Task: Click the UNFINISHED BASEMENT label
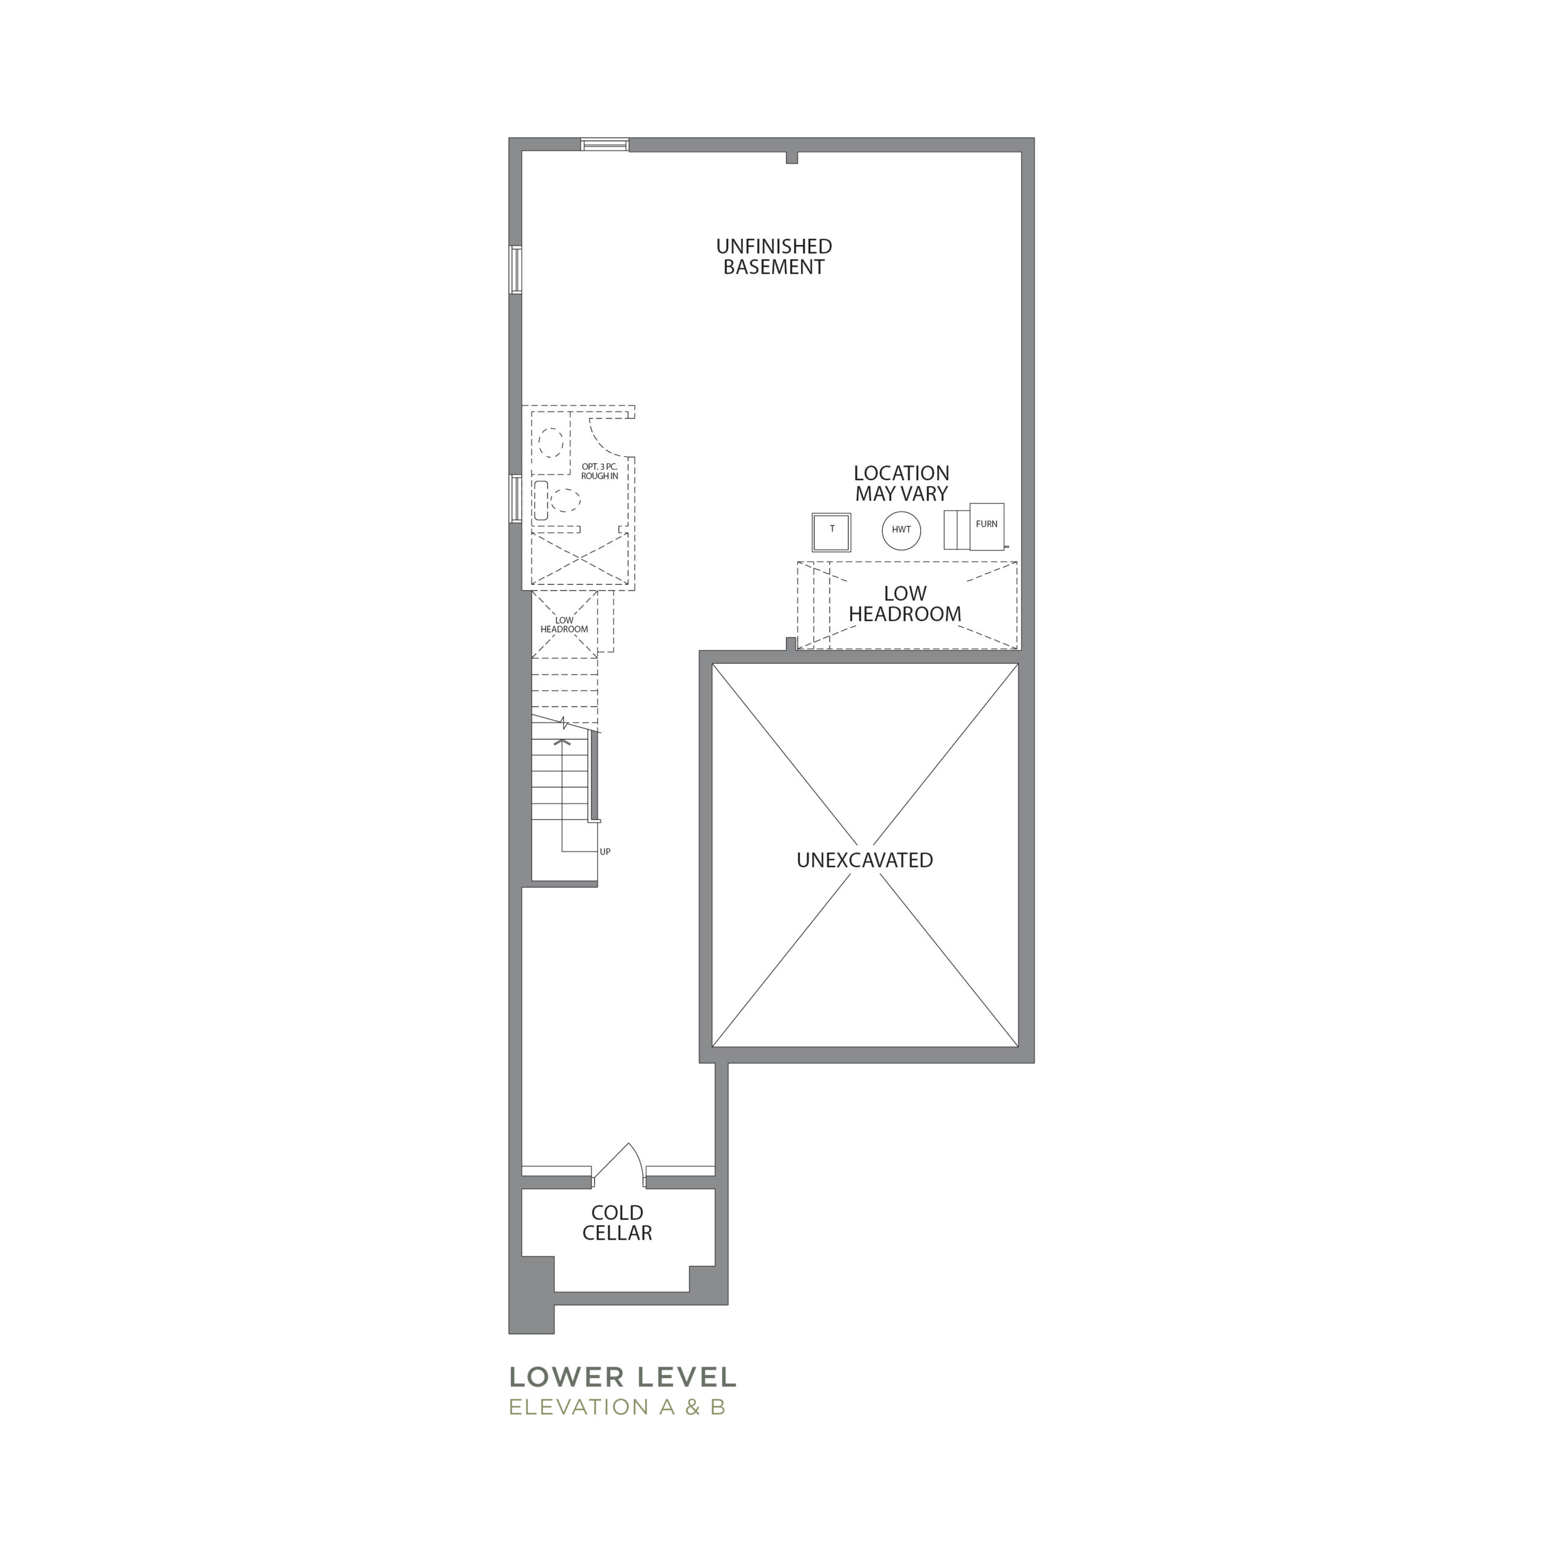pyautogui.click(x=774, y=257)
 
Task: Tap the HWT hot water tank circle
pyautogui.click(x=902, y=530)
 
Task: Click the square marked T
pyautogui.click(x=831, y=532)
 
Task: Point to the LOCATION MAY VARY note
pyautogui.click(x=902, y=484)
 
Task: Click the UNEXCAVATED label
pyautogui.click(x=865, y=860)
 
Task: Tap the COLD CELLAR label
pyautogui.click(x=617, y=1223)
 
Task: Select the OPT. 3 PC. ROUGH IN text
pyautogui.click(x=599, y=471)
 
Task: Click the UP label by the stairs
pyautogui.click(x=605, y=852)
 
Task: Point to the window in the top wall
pyautogui.click(x=605, y=145)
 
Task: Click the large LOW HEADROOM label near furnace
pyautogui.click(x=905, y=604)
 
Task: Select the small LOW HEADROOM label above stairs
pyautogui.click(x=564, y=625)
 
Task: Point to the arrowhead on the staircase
pyautogui.click(x=564, y=741)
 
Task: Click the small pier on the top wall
pyautogui.click(x=792, y=157)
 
